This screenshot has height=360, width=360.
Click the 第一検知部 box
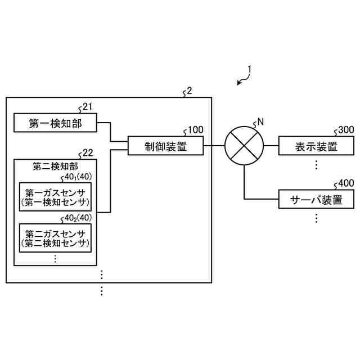point(55,123)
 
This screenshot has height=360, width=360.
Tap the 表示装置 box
point(316,147)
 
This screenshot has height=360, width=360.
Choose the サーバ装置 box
point(316,199)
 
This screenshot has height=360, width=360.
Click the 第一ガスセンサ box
point(55,197)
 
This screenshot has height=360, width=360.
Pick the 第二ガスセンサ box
point(55,238)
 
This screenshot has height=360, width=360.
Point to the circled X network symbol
point(244,147)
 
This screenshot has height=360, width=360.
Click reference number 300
point(345,130)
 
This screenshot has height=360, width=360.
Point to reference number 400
point(345,183)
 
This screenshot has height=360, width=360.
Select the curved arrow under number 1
point(243,81)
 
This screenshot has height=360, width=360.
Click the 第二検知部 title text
point(55,166)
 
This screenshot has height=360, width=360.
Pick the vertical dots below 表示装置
point(316,164)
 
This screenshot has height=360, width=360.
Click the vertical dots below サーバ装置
point(316,218)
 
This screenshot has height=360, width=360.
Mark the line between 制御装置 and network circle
point(214,147)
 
